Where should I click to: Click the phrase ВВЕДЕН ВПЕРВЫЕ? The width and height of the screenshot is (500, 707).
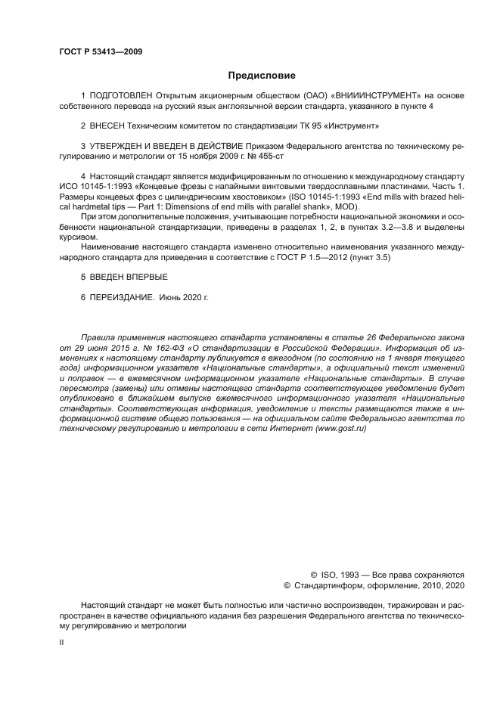point(119,278)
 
